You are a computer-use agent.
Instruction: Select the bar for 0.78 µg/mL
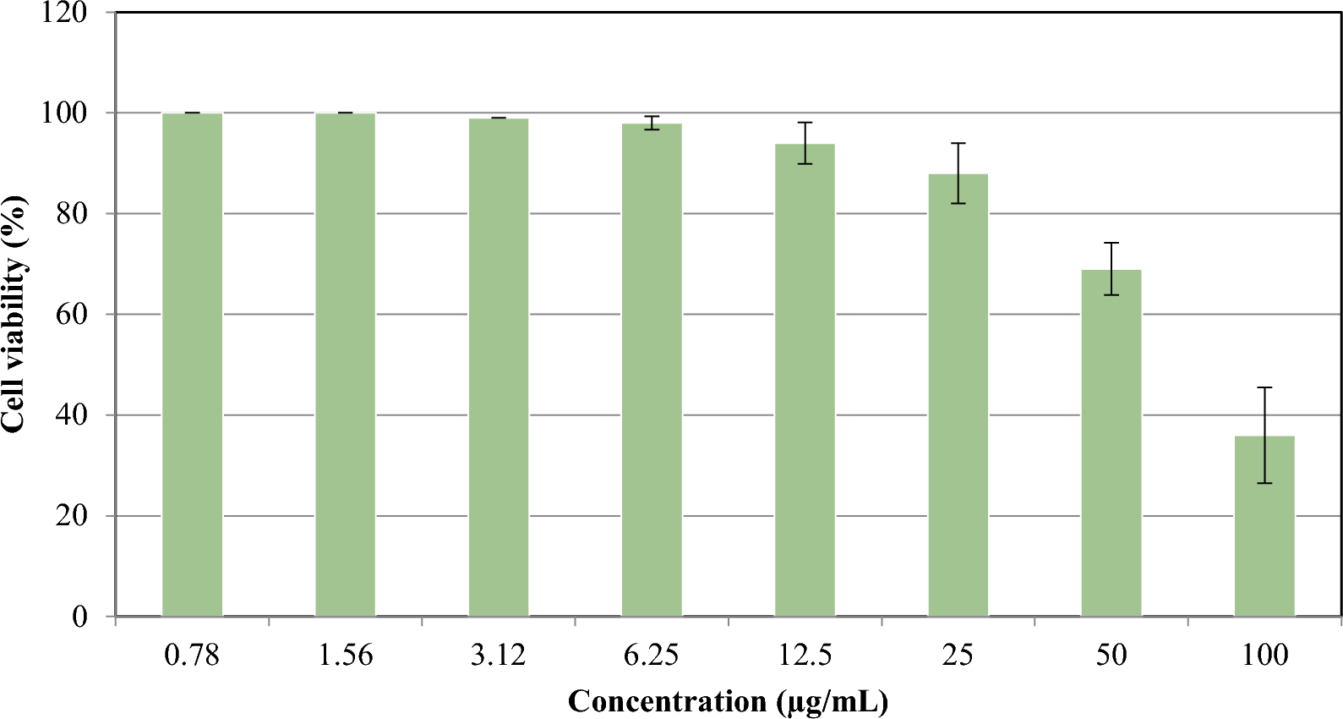[193, 364]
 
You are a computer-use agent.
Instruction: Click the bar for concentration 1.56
[346, 364]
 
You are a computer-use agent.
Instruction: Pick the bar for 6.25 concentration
[652, 370]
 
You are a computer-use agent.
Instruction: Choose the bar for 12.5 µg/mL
[805, 380]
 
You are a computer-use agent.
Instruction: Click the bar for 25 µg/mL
[958, 395]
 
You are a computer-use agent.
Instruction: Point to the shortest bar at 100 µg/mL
[1264, 526]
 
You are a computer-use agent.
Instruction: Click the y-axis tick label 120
[64, 13]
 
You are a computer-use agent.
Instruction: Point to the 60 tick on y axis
[72, 315]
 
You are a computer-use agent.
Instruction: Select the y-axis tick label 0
[80, 617]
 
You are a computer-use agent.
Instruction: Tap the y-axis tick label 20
[72, 516]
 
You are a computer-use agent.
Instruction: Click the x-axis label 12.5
[805, 655]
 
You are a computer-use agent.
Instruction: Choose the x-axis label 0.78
[193, 655]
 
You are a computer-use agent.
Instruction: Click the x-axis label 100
[1264, 655]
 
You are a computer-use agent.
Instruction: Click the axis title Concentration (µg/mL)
[728, 701]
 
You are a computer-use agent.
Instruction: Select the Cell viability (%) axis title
[14, 315]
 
